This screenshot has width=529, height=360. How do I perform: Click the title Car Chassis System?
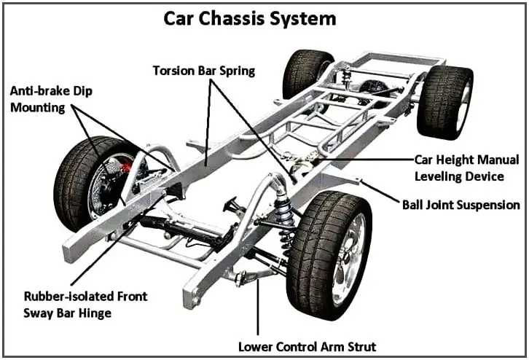264,17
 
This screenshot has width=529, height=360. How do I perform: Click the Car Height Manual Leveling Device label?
466,167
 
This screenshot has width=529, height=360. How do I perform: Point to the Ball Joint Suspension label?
461,205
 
